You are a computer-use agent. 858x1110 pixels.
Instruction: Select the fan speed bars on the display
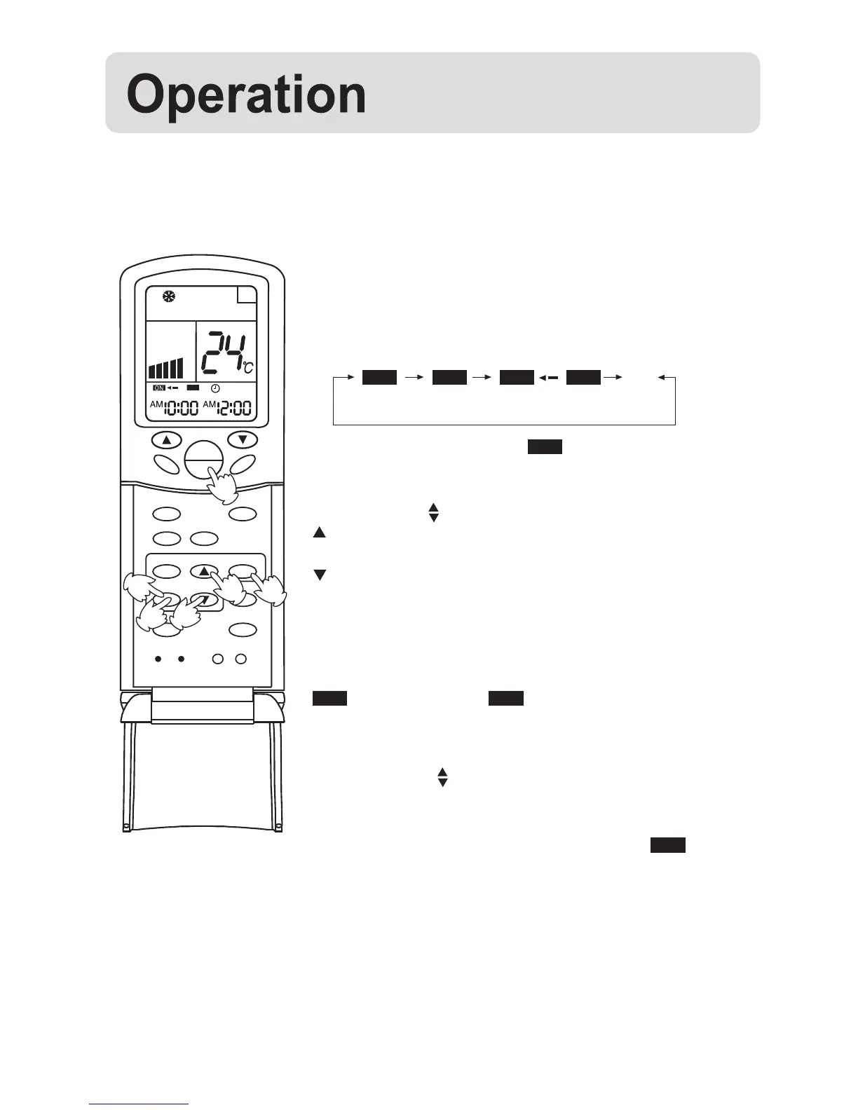pos(165,368)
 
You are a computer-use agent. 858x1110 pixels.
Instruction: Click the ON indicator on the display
pos(158,388)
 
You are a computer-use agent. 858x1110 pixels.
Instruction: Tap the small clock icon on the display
pos(215,388)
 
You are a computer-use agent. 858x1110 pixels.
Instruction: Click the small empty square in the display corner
pos(246,295)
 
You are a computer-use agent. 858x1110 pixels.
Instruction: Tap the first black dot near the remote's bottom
pos(158,659)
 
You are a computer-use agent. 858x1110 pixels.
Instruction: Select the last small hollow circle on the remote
pos(240,659)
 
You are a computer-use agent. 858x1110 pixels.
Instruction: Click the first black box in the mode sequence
pos(379,377)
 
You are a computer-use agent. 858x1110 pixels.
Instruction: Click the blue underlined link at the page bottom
pos(139,1104)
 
